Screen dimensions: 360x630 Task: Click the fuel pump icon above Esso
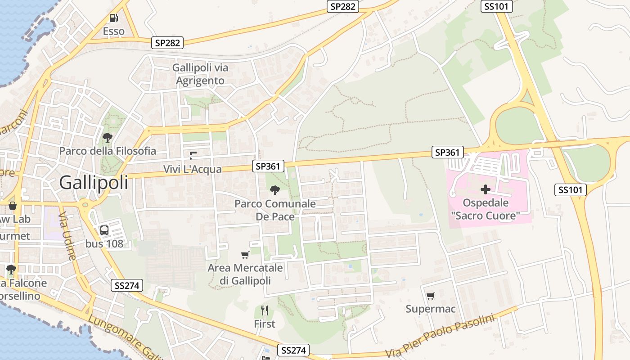coord(113,18)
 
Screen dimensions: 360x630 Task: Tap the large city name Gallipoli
coord(94,183)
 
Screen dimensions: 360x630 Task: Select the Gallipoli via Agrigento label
coord(200,74)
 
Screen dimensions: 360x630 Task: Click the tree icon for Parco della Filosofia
coord(107,137)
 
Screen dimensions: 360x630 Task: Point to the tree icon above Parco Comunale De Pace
coord(274,190)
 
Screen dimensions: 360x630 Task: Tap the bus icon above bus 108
coord(104,230)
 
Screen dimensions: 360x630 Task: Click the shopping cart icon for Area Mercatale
coord(245,255)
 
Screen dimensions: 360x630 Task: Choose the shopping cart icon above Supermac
coord(431,296)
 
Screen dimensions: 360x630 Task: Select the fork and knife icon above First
coord(265,310)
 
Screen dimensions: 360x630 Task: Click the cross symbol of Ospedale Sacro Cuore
coord(485,189)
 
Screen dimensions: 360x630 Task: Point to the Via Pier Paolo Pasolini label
coord(440,335)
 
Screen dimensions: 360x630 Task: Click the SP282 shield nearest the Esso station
coord(167,43)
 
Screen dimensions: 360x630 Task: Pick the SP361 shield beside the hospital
coord(447,153)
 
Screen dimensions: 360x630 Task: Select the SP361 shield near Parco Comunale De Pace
coord(268,166)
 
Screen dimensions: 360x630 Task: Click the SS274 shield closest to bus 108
coord(126,285)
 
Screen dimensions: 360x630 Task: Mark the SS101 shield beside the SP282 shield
coord(497,6)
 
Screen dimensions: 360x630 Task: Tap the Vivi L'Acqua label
coord(193,169)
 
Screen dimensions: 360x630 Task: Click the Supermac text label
coord(431,309)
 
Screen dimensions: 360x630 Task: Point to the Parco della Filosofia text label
coord(108,151)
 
